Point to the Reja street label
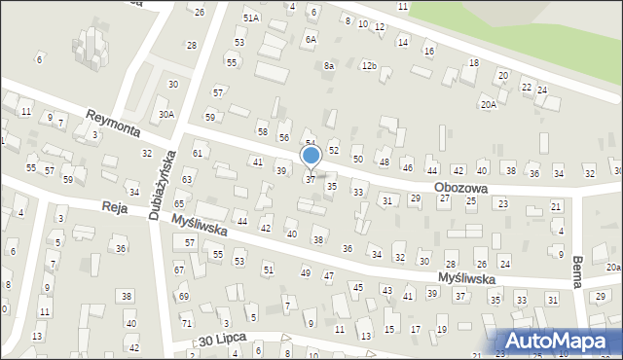pos(116,207)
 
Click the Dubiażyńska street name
pos(162,185)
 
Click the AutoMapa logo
pos(565,340)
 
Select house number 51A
pos(251,18)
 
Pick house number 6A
pos(311,40)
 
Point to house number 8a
pos(330,65)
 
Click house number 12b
pos(368,65)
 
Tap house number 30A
pos(166,114)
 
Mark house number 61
pos(198,154)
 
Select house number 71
pos(186,322)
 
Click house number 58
pos(262,131)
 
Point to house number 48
pos(384,162)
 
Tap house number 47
pos(329,276)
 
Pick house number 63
pos(186,180)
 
